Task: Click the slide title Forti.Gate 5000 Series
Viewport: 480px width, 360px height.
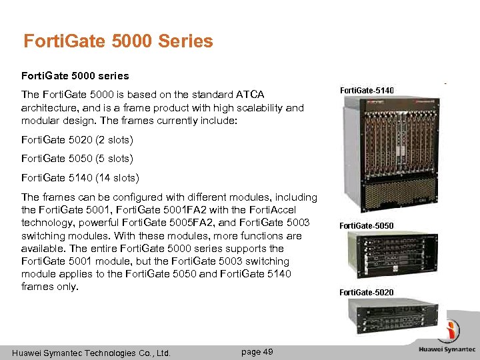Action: click(x=118, y=41)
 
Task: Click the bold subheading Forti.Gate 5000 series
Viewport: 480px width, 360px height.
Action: click(x=75, y=76)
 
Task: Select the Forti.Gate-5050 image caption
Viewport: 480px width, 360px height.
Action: click(x=366, y=226)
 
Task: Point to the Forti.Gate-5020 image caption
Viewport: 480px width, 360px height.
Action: click(x=366, y=293)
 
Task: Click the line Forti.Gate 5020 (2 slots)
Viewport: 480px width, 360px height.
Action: click(x=77, y=140)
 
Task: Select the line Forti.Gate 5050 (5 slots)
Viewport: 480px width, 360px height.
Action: click(x=77, y=159)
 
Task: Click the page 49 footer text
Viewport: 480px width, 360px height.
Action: click(x=257, y=351)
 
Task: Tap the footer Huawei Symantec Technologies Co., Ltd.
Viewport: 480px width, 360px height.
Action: click(x=91, y=353)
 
